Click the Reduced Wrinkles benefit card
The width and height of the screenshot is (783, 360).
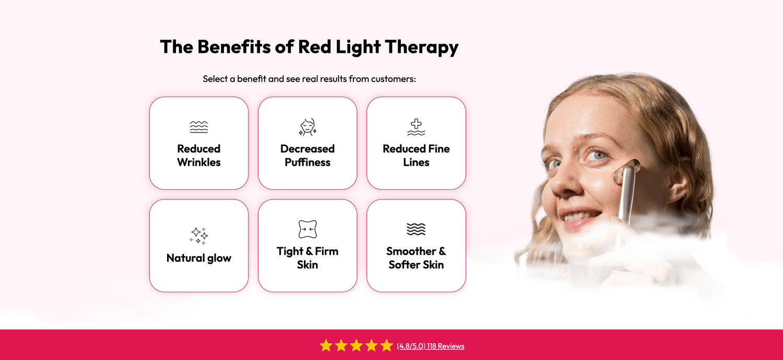pos(199,143)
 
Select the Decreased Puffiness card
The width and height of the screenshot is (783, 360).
pos(307,143)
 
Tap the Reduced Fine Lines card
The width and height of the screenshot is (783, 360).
pos(417,143)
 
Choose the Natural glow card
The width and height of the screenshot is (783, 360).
pos(199,246)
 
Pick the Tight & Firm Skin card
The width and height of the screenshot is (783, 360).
pos(307,246)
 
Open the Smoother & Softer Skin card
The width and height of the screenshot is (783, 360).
pos(417,246)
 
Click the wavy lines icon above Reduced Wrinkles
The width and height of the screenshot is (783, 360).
pos(199,127)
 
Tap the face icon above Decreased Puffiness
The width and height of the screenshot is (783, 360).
pos(307,127)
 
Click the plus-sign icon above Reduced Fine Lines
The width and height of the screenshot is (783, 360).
pos(417,127)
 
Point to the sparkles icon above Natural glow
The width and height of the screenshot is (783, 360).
pos(199,236)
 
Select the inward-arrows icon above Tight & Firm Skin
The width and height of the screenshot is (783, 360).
pos(307,229)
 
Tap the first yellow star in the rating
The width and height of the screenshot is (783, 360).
pos(326,345)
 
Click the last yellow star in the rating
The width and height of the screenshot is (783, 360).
pos(387,345)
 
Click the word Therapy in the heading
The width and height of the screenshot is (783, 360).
pos(422,47)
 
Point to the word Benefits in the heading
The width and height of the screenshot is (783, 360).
pos(234,46)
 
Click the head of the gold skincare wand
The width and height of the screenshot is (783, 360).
pos(627,170)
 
